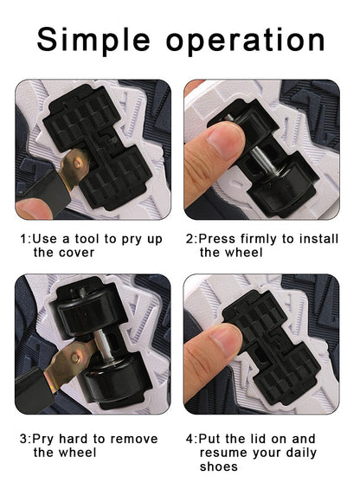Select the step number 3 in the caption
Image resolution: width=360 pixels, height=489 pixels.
pos(23,438)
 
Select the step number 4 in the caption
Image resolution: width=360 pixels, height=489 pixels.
pos(190,438)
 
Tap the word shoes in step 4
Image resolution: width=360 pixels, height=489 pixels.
pos(218,467)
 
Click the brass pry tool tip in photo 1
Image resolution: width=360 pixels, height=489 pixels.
pos(75,162)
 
